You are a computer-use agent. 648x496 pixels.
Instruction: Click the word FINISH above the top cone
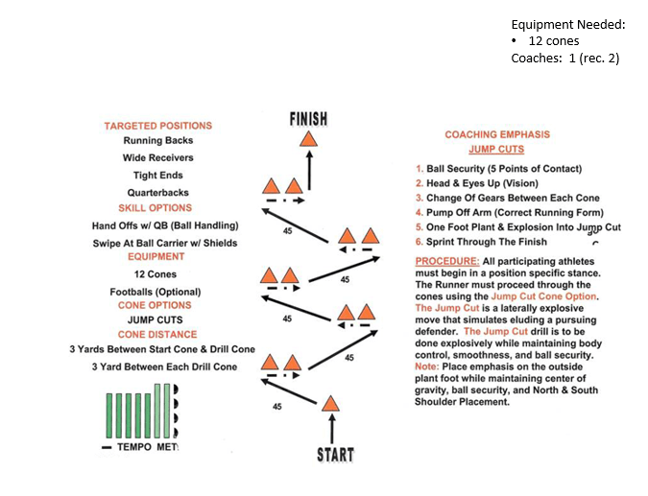pyautogui.click(x=308, y=119)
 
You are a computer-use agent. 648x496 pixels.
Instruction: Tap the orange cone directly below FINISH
pyautogui.click(x=308, y=139)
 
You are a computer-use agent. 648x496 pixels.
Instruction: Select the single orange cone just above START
pyautogui.click(x=330, y=405)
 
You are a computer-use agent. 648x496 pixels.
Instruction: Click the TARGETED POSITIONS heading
pyautogui.click(x=158, y=126)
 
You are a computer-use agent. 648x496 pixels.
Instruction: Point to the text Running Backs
pyautogui.click(x=158, y=141)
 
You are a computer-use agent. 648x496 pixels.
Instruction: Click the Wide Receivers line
pyautogui.click(x=158, y=158)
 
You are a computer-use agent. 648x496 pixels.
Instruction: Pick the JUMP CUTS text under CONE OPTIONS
pyautogui.click(x=156, y=319)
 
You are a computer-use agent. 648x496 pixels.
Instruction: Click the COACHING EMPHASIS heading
pyautogui.click(x=497, y=135)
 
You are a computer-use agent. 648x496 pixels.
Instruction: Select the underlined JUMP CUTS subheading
pyautogui.click(x=496, y=151)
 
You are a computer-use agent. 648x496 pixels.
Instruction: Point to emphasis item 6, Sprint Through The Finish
pyautogui.click(x=488, y=242)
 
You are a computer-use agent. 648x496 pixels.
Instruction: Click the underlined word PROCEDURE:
pyautogui.click(x=445, y=261)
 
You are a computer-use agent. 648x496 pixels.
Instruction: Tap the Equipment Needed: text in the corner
pyautogui.click(x=567, y=24)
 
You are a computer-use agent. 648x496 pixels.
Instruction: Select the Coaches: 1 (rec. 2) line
pyautogui.click(x=564, y=58)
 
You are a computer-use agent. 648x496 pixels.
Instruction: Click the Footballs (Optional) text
pyautogui.click(x=156, y=292)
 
